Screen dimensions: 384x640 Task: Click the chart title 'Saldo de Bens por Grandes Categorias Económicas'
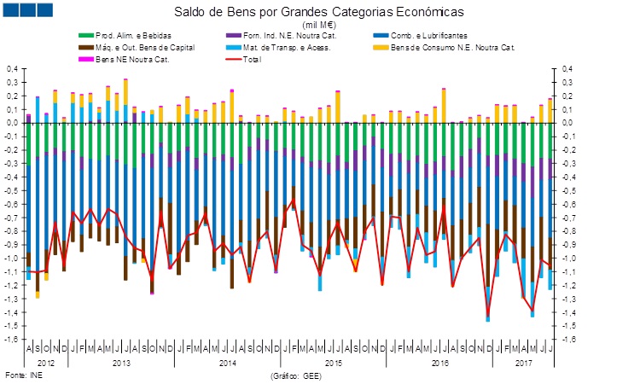point(319,14)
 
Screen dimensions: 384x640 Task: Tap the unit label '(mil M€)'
point(319,25)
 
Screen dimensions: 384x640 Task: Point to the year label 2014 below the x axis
point(227,363)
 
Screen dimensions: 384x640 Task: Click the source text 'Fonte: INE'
point(23,375)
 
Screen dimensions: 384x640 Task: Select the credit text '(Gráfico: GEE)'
point(296,375)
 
